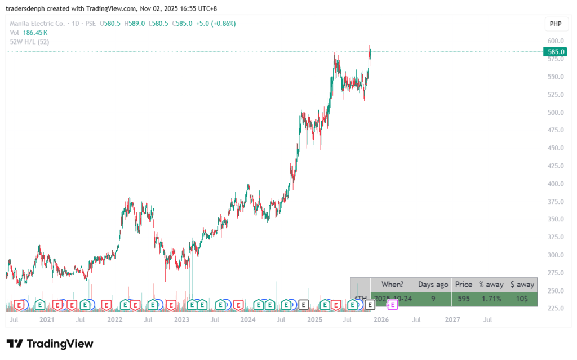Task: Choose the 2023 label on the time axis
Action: pyautogui.click(x=181, y=319)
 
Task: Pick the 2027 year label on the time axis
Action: pyautogui.click(x=452, y=319)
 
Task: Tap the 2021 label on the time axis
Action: pyautogui.click(x=47, y=319)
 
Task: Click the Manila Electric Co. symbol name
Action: pyautogui.click(x=37, y=24)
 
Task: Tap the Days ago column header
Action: pyautogui.click(x=433, y=285)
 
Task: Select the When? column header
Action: pyautogui.click(x=392, y=285)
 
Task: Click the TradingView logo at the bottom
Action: pyautogui.click(x=50, y=344)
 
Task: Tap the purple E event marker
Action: pyautogui.click(x=392, y=305)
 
